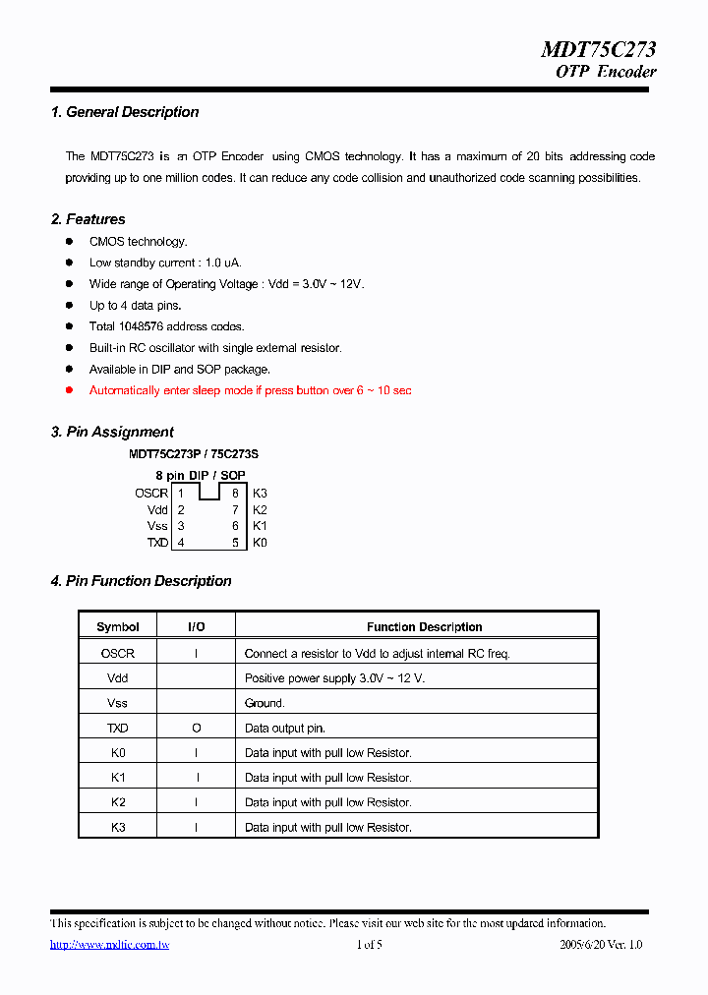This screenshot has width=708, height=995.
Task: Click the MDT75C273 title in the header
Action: click(598, 50)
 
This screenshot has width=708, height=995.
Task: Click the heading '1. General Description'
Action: click(125, 112)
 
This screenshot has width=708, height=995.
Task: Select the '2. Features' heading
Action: click(88, 219)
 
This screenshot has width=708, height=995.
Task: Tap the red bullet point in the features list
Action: click(70, 390)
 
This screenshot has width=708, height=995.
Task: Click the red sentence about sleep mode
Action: click(250, 390)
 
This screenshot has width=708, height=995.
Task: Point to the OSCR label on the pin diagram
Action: click(151, 494)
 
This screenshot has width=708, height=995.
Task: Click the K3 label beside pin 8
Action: click(260, 494)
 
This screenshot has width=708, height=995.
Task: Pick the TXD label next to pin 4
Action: click(157, 543)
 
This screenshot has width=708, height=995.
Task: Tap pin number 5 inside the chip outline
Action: click(235, 543)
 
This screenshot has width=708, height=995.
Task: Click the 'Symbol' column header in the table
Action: click(118, 627)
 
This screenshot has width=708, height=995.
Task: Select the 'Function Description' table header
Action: click(424, 627)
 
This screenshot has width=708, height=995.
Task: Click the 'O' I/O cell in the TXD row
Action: click(197, 729)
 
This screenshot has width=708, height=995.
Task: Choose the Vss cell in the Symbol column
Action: click(118, 703)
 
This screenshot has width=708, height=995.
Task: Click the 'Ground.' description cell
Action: click(265, 703)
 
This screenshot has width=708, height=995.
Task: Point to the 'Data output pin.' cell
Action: click(284, 729)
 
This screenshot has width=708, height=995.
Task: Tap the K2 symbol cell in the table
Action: click(118, 802)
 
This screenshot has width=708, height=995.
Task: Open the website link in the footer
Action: click(110, 945)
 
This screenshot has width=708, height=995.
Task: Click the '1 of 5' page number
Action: click(369, 945)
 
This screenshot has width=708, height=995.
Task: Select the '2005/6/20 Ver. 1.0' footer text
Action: click(600, 945)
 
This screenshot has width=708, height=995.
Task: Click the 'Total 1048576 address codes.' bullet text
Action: click(166, 326)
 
